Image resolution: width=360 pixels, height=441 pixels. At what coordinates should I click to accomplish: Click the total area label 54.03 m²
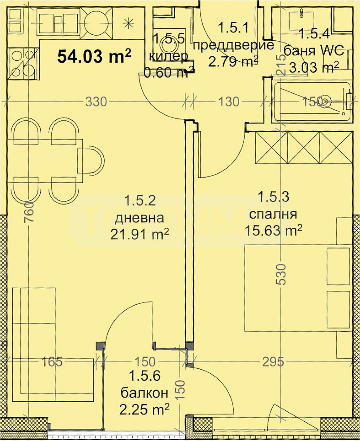coord(94,56)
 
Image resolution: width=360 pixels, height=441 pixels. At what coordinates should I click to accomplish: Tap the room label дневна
coord(139,218)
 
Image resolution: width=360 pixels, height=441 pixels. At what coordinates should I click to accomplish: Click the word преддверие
coord(234,45)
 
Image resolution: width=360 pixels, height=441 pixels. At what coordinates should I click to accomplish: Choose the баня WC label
coord(314,51)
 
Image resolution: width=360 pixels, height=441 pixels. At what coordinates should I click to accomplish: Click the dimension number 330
coord(96,101)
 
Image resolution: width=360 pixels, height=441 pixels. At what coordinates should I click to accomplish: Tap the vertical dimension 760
coord(29,211)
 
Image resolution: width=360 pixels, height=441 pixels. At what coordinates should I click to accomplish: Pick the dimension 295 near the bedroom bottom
coord(273,362)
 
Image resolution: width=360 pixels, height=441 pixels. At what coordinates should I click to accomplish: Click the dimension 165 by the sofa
coord(52,362)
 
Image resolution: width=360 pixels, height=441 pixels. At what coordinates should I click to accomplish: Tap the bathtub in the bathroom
coord(312,101)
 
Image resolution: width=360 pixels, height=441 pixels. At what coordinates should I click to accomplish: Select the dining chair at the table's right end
coord(90,160)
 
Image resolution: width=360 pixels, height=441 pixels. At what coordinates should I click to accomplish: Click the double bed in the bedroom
coord(297,288)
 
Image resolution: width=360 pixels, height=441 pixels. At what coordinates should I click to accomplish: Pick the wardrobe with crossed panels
coord(304,147)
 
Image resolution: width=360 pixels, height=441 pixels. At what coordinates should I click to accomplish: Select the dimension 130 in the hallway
coord(229,101)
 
